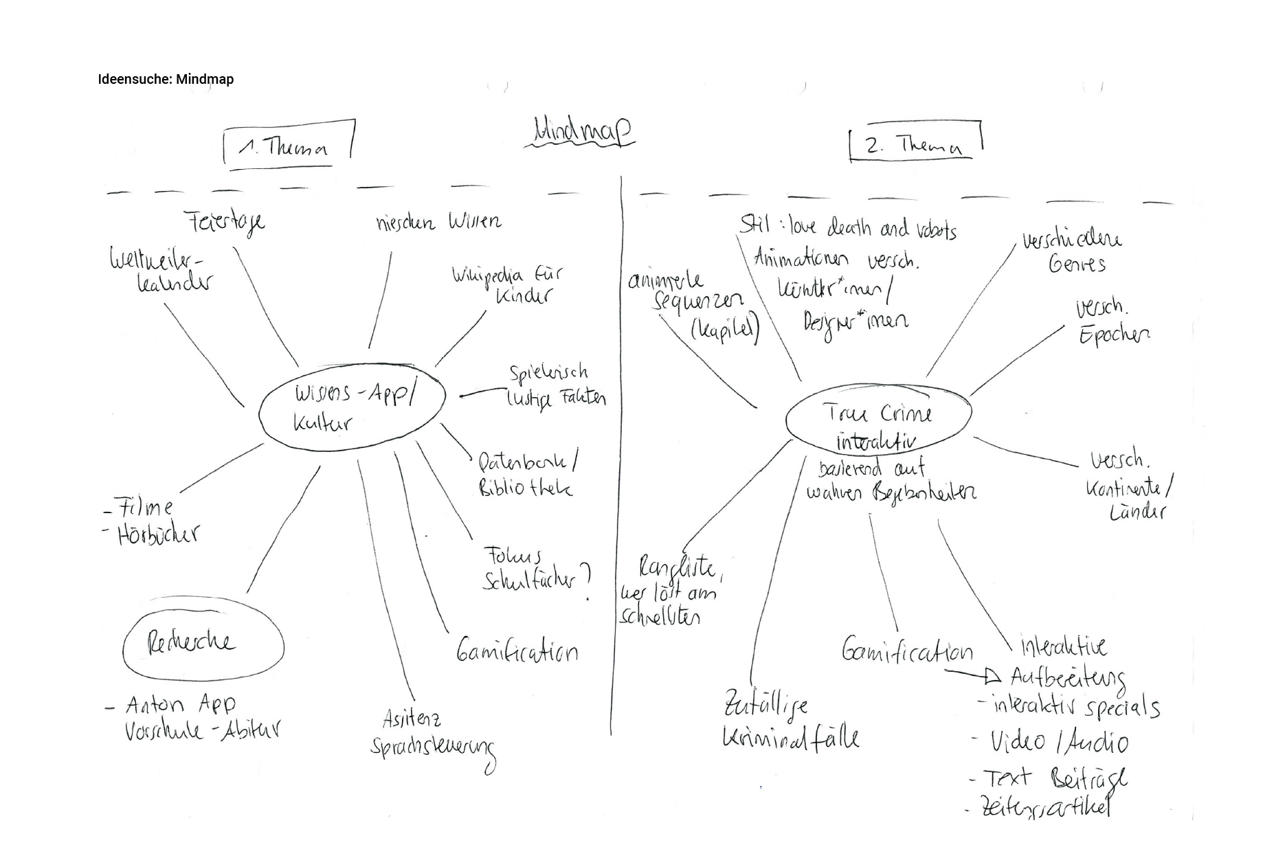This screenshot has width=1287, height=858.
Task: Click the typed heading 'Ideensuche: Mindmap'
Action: pos(166,79)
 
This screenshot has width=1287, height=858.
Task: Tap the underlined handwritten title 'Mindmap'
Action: pos(581,132)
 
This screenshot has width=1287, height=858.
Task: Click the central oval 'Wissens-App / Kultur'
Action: pos(352,407)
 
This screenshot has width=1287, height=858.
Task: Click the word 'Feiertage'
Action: pos(225,223)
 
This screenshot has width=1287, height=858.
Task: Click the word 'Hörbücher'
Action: pos(158,534)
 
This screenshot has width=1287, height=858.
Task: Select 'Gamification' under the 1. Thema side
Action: pos(517,651)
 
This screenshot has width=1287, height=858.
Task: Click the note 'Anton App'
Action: pos(180,704)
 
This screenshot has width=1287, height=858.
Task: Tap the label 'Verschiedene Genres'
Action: pos(1073,251)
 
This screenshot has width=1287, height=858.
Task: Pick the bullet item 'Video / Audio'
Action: pos(1059,742)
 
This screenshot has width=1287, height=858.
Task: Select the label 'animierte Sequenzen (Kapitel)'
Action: pos(694,306)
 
